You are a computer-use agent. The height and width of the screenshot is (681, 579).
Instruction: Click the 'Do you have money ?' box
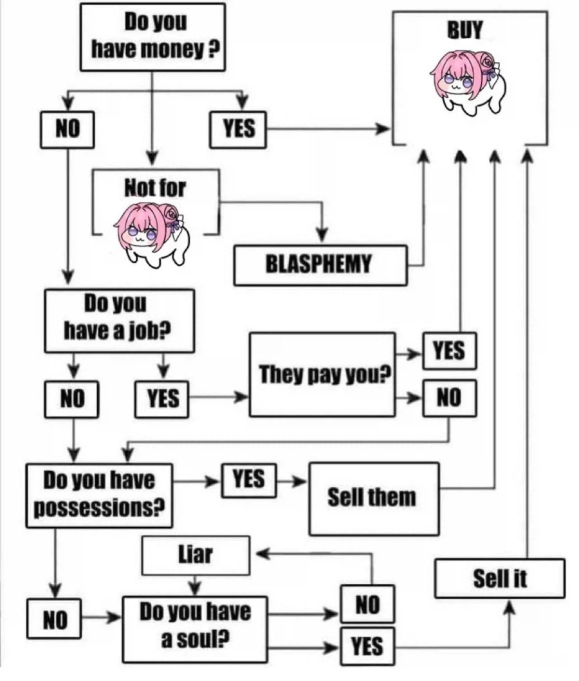(152, 37)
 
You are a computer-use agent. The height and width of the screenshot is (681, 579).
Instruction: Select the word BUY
(464, 30)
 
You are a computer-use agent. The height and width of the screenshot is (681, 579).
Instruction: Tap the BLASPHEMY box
(320, 265)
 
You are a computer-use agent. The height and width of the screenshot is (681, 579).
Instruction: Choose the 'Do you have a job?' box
(119, 320)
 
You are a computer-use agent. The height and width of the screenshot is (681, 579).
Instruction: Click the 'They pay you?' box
(322, 374)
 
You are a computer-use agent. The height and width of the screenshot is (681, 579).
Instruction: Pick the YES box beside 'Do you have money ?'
(238, 129)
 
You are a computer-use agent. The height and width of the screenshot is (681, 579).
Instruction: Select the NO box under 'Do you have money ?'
(67, 129)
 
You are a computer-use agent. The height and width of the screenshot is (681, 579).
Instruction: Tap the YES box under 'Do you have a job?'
(162, 398)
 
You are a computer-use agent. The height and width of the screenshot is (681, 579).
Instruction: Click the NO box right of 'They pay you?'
(449, 398)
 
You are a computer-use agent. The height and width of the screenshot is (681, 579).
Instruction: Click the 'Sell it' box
(499, 578)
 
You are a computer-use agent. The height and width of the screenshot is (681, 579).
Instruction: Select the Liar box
(195, 554)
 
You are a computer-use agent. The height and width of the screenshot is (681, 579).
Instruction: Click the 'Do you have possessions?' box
(99, 494)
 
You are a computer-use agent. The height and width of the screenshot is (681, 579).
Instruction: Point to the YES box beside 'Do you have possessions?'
(249, 480)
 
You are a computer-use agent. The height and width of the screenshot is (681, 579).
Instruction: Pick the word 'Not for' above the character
(154, 188)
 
